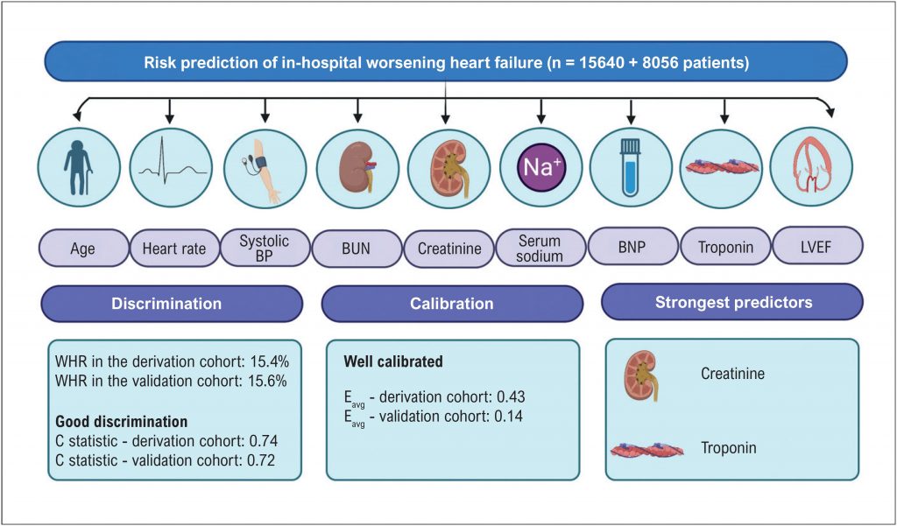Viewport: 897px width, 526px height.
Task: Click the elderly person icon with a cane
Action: [78, 166]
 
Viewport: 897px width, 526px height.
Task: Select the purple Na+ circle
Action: [540, 167]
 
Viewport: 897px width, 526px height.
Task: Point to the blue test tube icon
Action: [631, 165]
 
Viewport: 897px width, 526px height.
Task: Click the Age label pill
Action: [83, 249]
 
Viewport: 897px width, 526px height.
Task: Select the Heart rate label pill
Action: [174, 249]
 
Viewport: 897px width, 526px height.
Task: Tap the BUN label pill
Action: [357, 249]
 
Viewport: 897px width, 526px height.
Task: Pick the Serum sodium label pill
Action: [540, 249]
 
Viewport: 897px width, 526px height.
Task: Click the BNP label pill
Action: [632, 247]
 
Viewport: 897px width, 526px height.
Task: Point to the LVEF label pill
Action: [816, 247]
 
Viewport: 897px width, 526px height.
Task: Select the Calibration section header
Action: [452, 303]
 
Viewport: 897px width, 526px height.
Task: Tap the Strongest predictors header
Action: [733, 302]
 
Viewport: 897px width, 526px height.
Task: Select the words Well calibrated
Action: [393, 362]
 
